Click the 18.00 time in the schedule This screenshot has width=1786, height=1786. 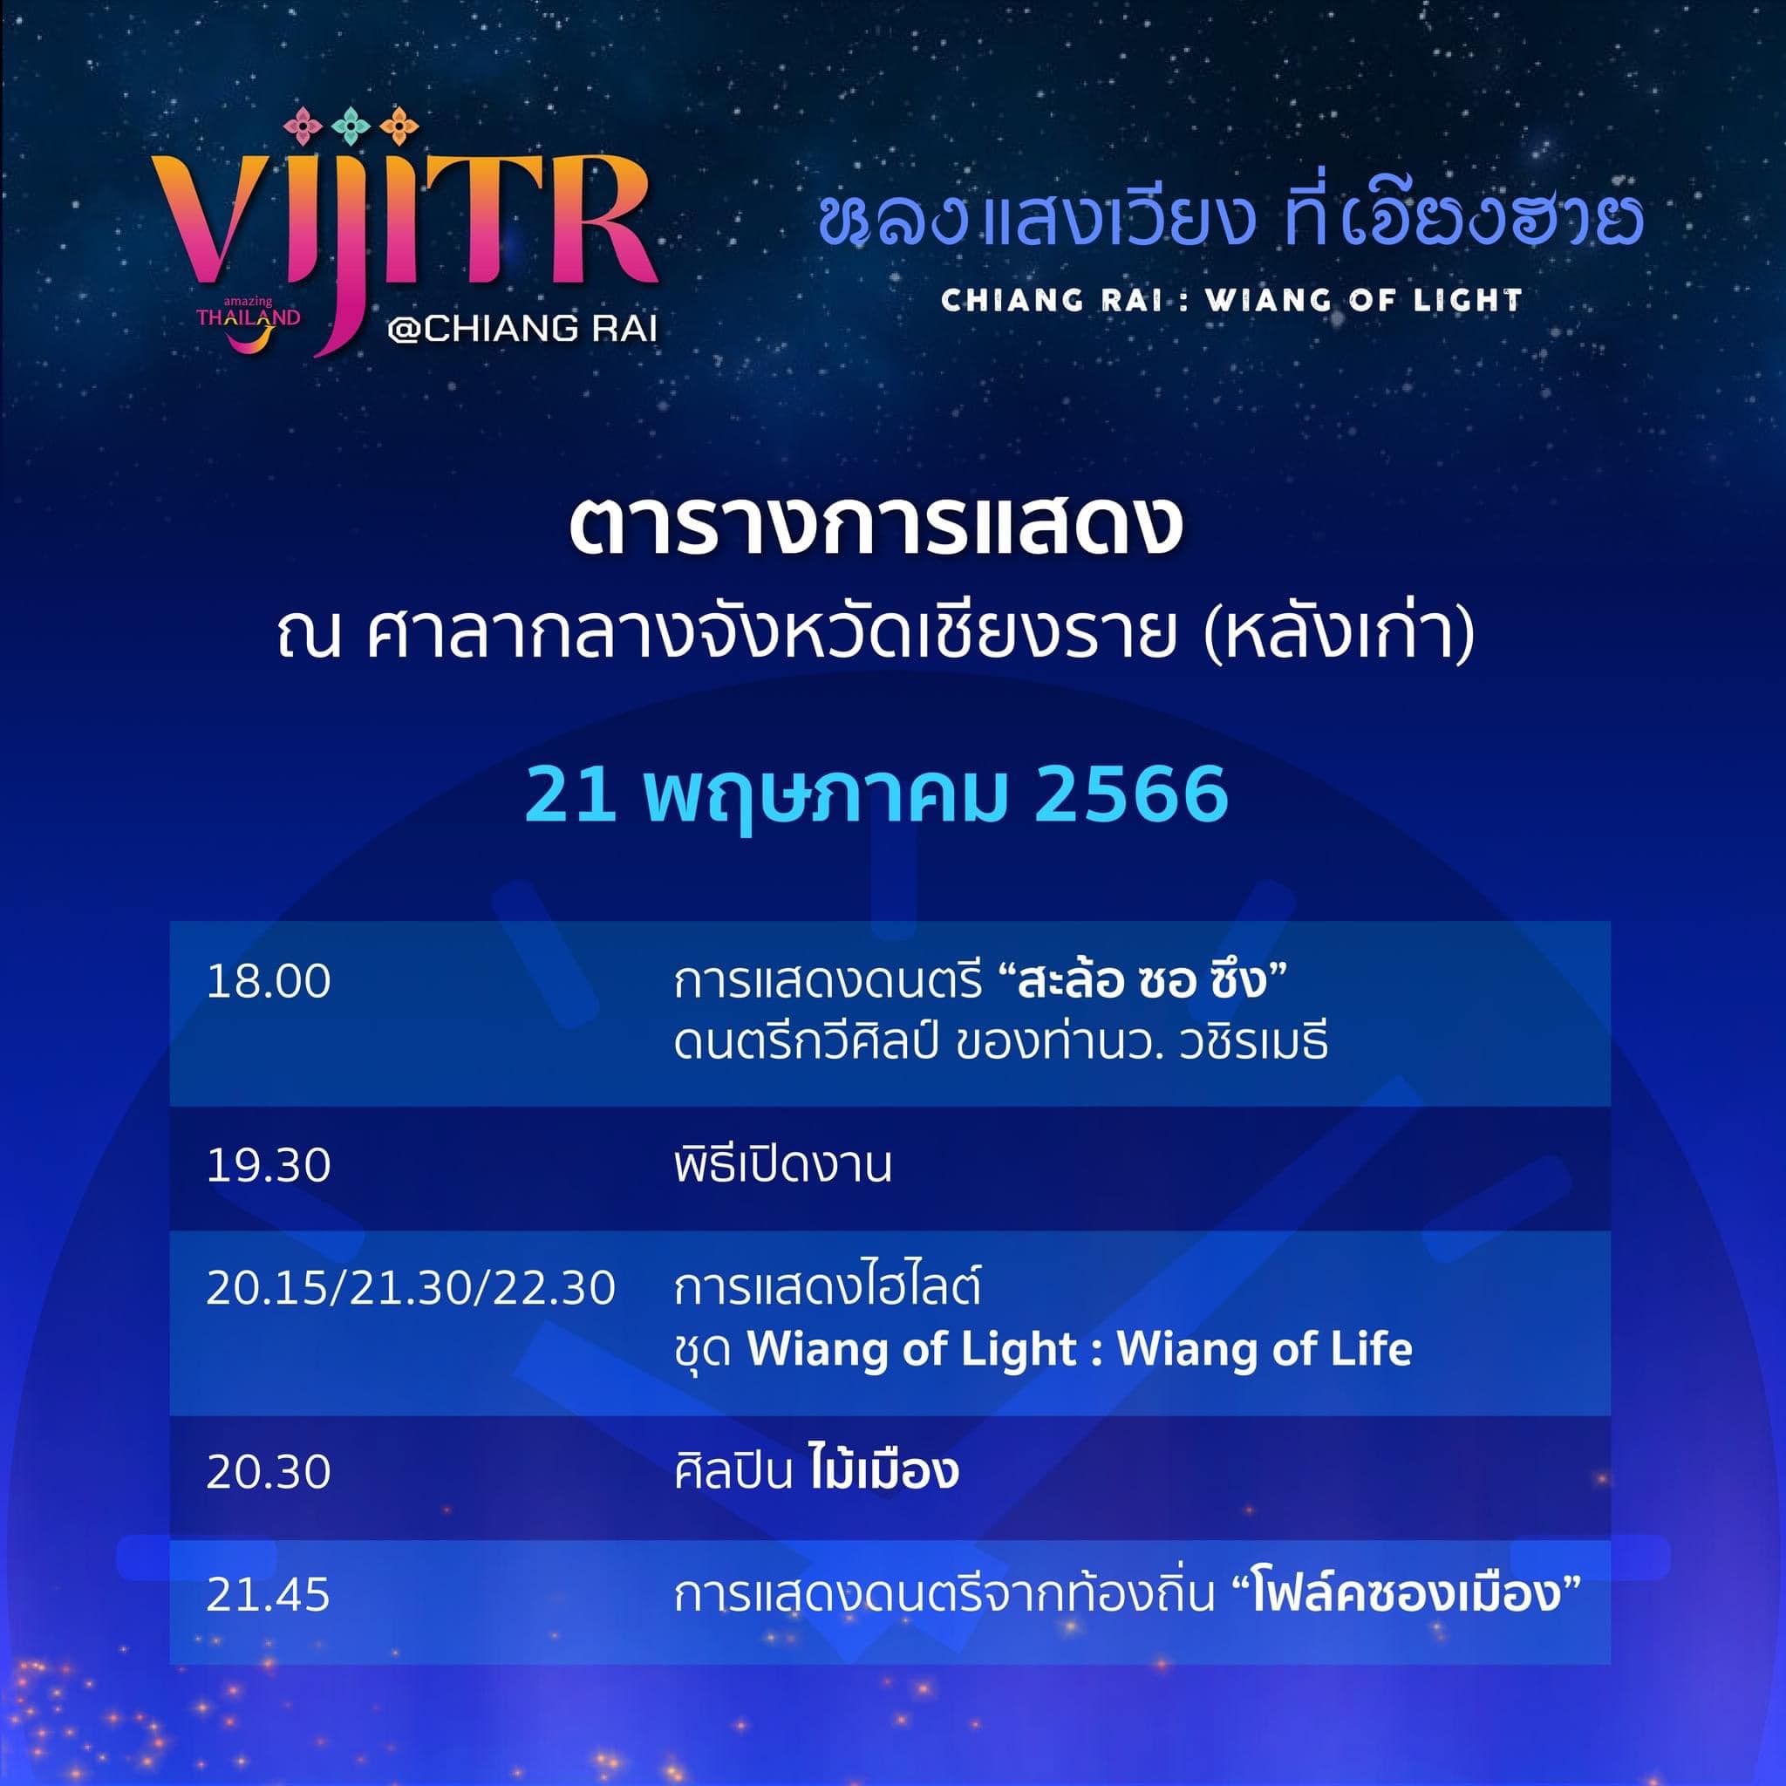268,981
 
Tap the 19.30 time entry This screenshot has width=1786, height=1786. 268,1165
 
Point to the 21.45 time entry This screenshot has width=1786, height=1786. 268,1595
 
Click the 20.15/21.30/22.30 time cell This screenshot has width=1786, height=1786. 411,1288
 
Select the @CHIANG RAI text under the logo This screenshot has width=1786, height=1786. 522,329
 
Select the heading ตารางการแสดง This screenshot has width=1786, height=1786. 875,527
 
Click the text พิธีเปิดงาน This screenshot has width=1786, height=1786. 782,1165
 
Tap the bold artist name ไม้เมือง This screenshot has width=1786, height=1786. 883,1469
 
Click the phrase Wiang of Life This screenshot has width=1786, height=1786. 1265,1350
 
